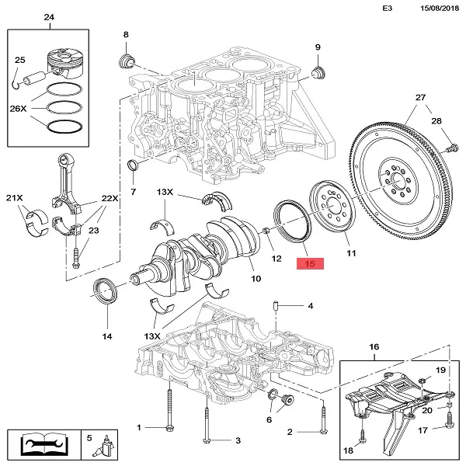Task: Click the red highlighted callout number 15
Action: pos(311,263)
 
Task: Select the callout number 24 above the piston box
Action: pos(49,18)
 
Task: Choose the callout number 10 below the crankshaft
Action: pos(254,277)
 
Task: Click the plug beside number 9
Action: pos(316,74)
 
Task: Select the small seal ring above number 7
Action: pos(133,166)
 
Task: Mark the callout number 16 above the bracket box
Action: pos(374,346)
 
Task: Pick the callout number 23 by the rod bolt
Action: pos(94,230)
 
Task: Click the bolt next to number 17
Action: pos(448,421)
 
